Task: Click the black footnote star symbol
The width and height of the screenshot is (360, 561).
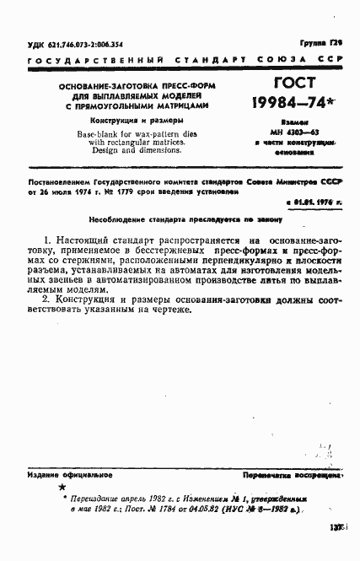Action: tap(60, 488)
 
